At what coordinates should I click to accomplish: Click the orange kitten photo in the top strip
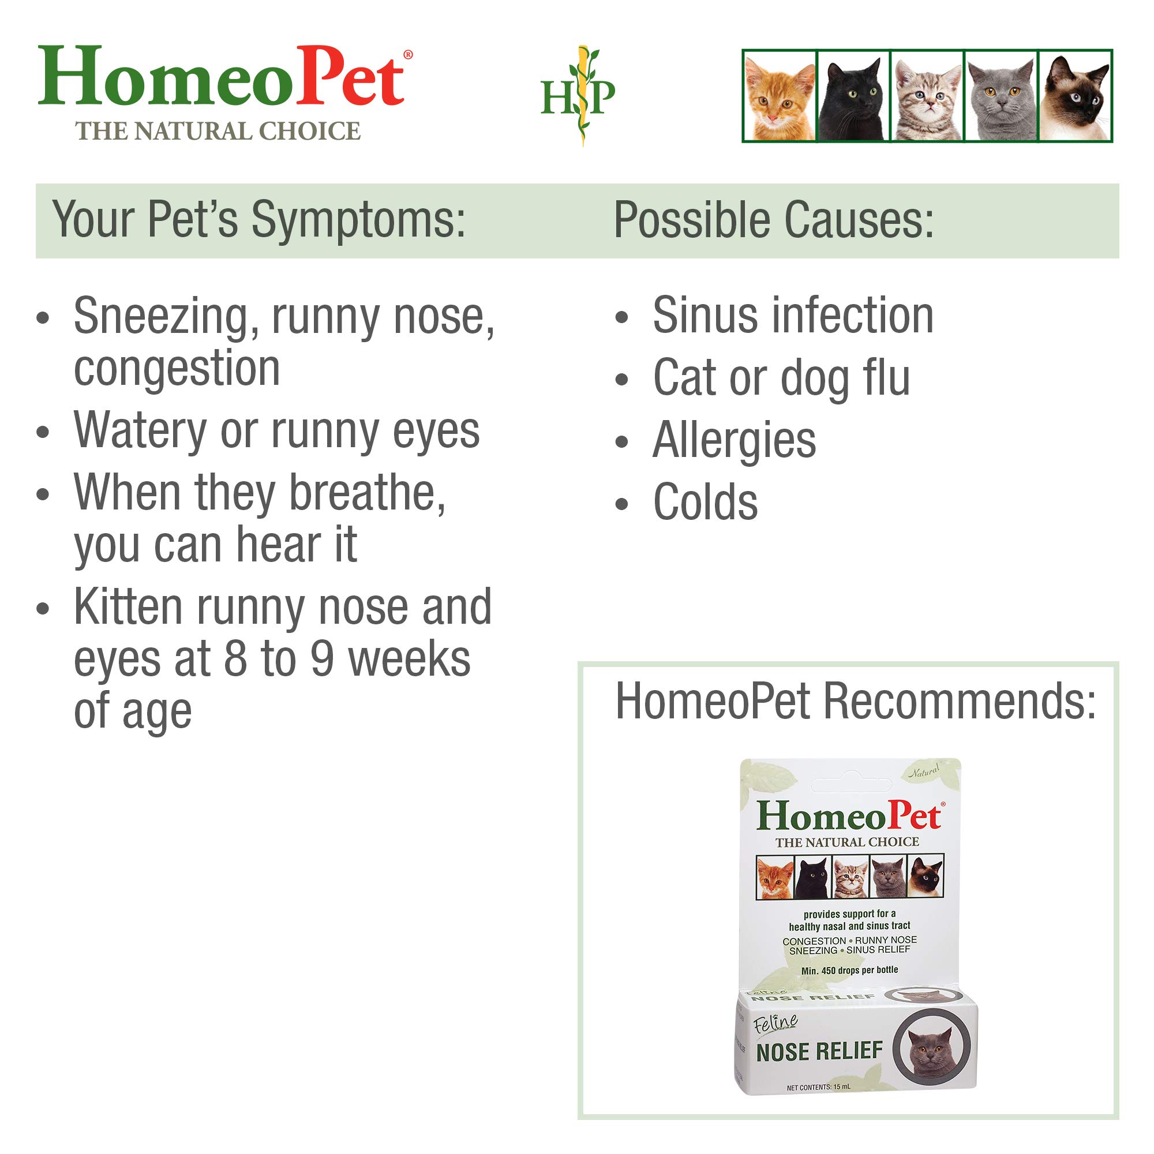pos(780,97)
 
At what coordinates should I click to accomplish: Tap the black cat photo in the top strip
pos(853,97)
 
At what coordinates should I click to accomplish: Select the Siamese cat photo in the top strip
pos(1075,97)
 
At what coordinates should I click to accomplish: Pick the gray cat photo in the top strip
pos(1001,97)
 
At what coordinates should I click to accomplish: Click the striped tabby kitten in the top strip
pos(927,97)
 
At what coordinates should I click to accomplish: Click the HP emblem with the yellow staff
pos(578,96)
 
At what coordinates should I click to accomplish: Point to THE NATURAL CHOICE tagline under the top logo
pos(218,132)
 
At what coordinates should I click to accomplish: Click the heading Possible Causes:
pos(774,220)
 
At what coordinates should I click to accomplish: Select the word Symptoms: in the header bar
pos(358,220)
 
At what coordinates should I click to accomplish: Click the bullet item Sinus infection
pos(793,316)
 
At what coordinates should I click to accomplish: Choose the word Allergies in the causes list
pos(734,441)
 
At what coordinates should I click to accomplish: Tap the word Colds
pos(706,503)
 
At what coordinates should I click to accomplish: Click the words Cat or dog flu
pos(781,378)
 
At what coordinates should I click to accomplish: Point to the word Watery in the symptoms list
pos(140,431)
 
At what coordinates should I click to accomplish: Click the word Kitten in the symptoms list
pos(128,608)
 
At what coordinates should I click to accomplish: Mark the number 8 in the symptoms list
pos(235,660)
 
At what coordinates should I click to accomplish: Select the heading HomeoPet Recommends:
pos(855,701)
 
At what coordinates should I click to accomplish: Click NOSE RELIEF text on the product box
pos(819,1052)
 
